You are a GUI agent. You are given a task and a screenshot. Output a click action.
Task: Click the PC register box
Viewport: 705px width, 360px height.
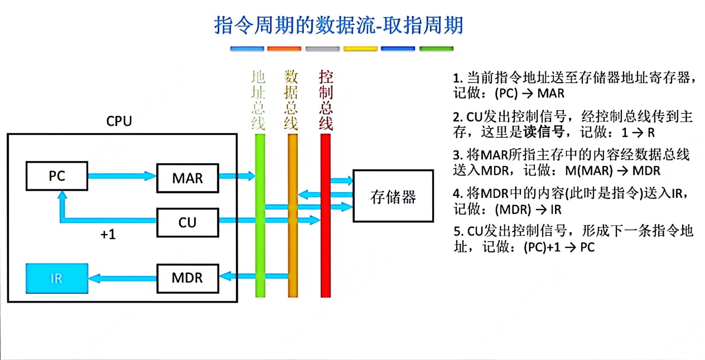(x=57, y=176)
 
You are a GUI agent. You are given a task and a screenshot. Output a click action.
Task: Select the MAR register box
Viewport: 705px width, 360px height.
(x=188, y=178)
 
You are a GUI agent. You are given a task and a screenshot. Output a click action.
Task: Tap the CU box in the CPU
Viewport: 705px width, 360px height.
(x=188, y=222)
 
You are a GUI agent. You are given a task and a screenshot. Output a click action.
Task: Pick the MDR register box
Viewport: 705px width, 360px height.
(x=188, y=278)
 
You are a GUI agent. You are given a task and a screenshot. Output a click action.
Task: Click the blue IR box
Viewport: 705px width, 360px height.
(x=57, y=278)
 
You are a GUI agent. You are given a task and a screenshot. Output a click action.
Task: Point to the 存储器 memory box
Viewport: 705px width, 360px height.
(x=393, y=196)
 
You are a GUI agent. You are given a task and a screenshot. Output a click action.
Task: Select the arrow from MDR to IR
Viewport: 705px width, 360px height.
(x=123, y=278)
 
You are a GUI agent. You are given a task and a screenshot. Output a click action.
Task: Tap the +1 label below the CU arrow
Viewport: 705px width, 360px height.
(x=108, y=235)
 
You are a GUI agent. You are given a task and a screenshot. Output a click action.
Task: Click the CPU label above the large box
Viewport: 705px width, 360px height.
(x=119, y=121)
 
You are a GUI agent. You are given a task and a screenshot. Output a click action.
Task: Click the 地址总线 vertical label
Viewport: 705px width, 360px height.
(x=258, y=100)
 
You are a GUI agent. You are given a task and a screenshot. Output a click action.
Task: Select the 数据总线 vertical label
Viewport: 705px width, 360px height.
(x=291, y=100)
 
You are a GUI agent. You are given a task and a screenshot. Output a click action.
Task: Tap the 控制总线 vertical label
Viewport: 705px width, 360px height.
(x=326, y=100)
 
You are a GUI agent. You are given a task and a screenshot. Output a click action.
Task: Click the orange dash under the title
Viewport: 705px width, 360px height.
(x=284, y=49)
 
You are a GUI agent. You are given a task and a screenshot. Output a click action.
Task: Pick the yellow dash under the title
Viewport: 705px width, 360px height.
(x=360, y=49)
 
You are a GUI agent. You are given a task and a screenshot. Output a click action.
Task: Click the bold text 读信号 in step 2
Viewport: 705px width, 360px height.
(x=544, y=133)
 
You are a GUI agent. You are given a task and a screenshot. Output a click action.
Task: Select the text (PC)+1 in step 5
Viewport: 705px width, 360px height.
(x=542, y=247)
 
